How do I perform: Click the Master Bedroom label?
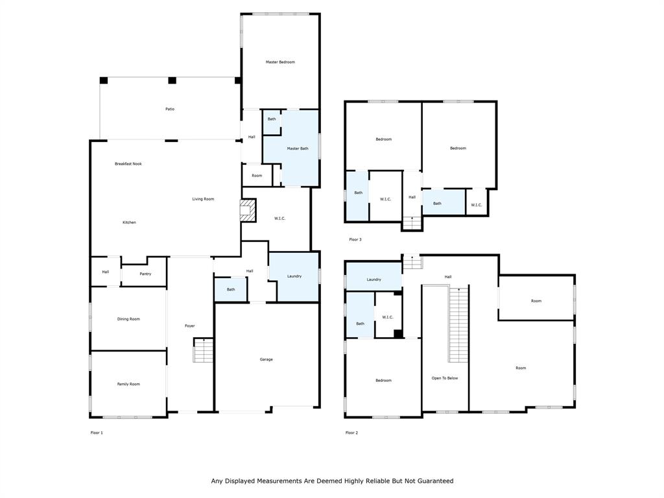point(280,62)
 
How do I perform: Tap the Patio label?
point(170,109)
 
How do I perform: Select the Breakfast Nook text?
point(128,164)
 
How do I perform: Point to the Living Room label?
point(203,199)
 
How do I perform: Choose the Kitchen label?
point(130,222)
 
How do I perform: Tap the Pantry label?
point(145,274)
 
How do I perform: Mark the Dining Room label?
point(128,319)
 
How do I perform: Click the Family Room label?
point(128,384)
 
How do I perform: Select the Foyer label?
point(189,326)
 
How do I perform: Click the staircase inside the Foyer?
point(203,351)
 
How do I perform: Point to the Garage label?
point(267,359)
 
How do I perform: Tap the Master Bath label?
point(298,148)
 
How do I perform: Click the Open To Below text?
point(445,378)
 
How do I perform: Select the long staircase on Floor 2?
point(458,326)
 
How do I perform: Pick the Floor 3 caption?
point(355,240)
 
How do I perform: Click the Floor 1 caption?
point(97,433)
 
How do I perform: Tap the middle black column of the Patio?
point(172,80)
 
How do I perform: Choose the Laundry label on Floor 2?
point(373,279)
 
